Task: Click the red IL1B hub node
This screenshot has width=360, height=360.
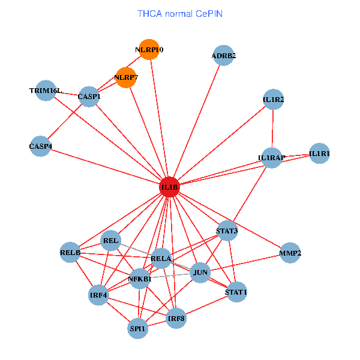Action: point(170,187)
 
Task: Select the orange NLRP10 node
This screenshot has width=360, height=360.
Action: point(149,49)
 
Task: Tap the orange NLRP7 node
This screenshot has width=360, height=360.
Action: point(126,77)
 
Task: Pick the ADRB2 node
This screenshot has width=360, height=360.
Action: point(223,56)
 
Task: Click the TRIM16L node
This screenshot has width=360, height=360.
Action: point(46,91)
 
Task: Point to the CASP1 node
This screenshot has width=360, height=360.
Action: point(89,97)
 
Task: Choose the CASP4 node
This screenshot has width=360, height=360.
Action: point(40,146)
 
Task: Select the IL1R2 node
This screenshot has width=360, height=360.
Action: point(273,99)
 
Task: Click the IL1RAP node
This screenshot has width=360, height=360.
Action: point(271,158)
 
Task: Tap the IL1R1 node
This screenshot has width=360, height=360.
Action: point(319,154)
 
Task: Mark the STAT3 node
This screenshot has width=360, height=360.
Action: point(227,230)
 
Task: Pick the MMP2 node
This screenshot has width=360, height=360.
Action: point(290,253)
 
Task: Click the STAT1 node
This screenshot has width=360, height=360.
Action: point(236,292)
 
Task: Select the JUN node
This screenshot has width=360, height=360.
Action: point(200,273)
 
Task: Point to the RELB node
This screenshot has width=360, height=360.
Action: point(70,253)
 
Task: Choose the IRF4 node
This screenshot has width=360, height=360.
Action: point(98,295)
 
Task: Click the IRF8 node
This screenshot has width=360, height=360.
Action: point(176,318)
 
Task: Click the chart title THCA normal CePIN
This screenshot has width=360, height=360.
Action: point(180,13)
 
